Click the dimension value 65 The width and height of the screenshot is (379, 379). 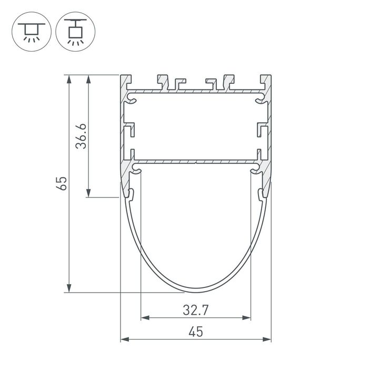coord(63,183)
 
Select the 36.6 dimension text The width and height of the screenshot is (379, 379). coord(81,136)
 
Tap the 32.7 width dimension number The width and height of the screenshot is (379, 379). coord(196,310)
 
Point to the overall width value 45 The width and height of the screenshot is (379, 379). coord(196,332)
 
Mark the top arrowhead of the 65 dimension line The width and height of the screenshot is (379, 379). coord(68,78)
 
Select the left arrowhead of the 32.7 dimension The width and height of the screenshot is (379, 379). coord(144,318)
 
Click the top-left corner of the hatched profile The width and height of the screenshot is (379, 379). coord(122,76)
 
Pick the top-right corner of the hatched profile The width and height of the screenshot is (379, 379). coord(270,76)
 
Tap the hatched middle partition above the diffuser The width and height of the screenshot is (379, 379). coord(196,160)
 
